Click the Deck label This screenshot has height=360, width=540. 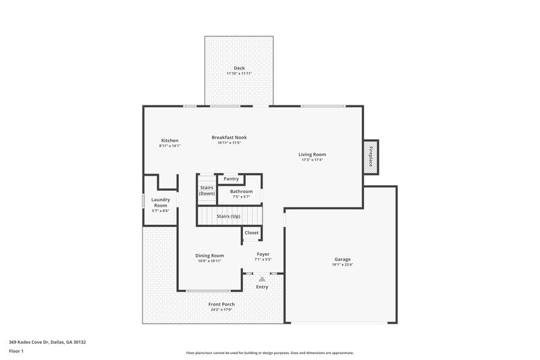coord(239,68)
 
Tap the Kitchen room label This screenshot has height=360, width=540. coord(169,140)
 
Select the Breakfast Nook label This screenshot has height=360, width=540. coord(229,137)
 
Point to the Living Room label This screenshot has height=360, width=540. coord(312,155)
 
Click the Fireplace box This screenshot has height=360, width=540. coord(371,157)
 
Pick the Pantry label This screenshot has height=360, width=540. coord(232,179)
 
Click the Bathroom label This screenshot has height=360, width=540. coord(241,191)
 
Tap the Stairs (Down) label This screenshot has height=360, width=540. coord(207,190)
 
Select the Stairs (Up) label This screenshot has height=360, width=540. coord(228,216)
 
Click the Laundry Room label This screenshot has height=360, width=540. coord(161,203)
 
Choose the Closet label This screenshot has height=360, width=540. coord(251,232)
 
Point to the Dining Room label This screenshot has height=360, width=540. coord(209,255)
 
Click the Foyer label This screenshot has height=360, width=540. coord(263,254)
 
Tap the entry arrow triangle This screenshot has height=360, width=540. coord(262,277)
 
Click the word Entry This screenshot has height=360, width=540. coord(262,287)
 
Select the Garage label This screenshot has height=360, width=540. coord(342,259)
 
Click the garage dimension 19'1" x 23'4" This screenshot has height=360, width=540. coord(342,265)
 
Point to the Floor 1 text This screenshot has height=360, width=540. coord(16,351)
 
